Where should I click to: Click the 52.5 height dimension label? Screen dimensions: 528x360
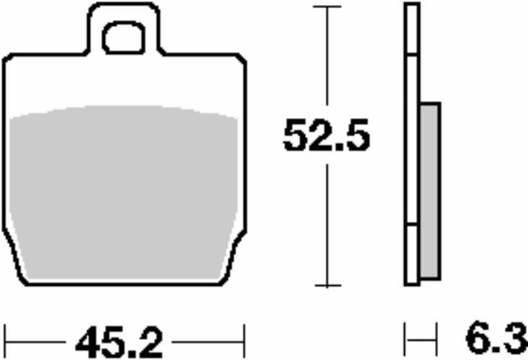(x=326, y=135)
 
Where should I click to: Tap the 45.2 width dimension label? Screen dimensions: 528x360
(x=119, y=342)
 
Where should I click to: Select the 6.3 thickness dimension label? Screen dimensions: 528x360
(x=497, y=338)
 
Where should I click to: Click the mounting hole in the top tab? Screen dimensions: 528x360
(x=124, y=37)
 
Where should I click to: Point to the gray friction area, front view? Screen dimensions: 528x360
(x=124, y=194)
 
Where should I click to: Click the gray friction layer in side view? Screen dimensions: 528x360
(x=430, y=191)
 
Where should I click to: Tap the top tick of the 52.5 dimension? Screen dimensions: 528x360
(x=327, y=6)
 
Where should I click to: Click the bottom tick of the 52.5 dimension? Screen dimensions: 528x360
(x=328, y=286)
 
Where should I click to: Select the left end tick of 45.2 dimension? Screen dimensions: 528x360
(x=5, y=341)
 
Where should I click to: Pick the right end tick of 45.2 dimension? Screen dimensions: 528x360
(x=244, y=341)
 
